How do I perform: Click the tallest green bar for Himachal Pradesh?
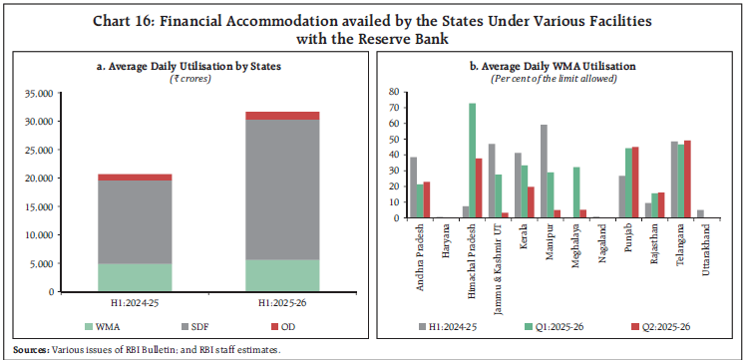[472, 161]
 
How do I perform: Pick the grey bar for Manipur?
[543, 171]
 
